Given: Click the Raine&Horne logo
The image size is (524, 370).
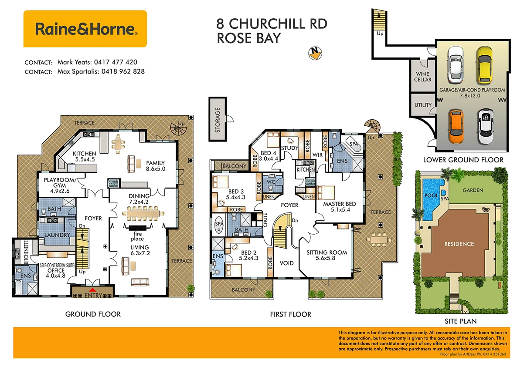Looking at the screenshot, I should (x=85, y=29).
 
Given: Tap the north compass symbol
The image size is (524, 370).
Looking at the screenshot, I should (x=314, y=53).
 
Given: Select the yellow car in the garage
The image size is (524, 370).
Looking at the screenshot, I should (x=484, y=65).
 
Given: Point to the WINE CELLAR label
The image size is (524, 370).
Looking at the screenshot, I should (x=422, y=77).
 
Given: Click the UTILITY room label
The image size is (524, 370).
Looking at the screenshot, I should (x=423, y=105).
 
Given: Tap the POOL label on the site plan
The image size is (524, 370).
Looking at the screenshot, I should (x=431, y=195).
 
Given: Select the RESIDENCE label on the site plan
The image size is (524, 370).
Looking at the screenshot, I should (x=459, y=244).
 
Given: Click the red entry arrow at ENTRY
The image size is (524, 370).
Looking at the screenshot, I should (x=92, y=290).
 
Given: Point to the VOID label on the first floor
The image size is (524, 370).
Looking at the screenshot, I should (x=287, y=263).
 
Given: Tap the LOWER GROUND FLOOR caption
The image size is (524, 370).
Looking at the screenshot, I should (x=463, y=160).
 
